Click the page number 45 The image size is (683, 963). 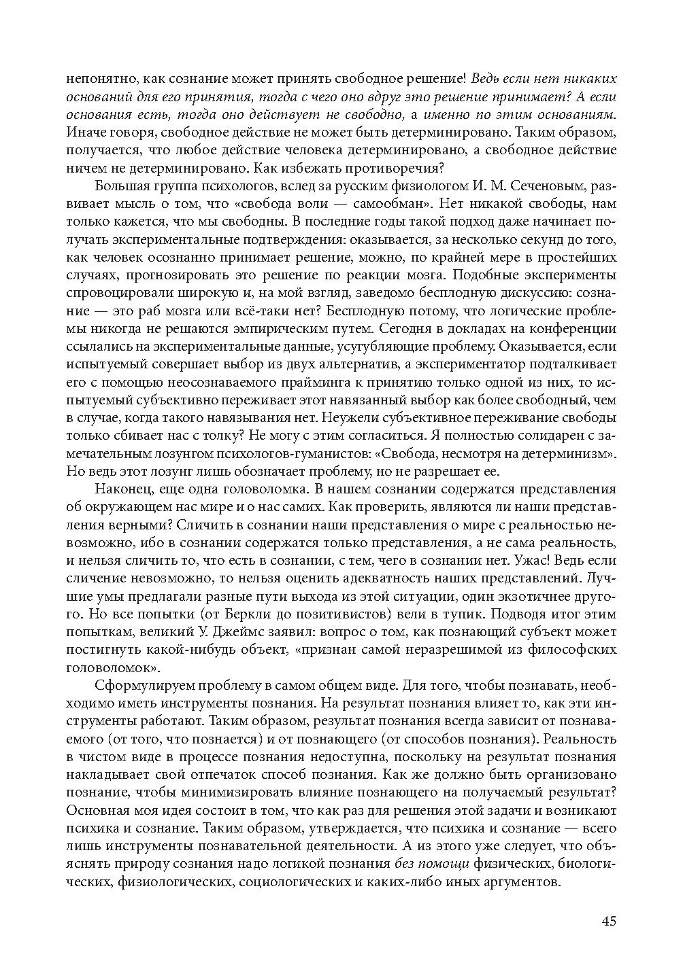click(x=608, y=922)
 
